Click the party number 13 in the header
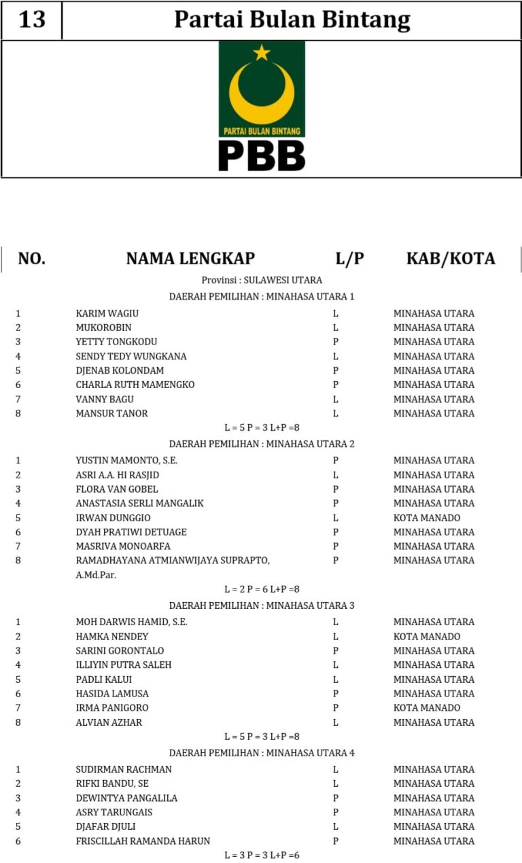tap(32, 20)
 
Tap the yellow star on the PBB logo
tap(262, 52)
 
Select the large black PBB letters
tap(262, 156)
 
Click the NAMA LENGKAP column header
tap(190, 258)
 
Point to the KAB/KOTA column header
tap(451, 258)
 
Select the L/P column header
tap(350, 258)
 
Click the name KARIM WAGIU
tap(107, 313)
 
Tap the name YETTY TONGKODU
tap(116, 342)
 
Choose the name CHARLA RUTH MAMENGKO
tap(135, 385)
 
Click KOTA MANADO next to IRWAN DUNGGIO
tap(427, 518)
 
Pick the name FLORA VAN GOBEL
tap(117, 489)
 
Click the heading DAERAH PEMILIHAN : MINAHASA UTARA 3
tap(262, 605)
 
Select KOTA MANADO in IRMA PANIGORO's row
tap(427, 707)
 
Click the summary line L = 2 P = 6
tap(262, 589)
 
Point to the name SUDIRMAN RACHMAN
tap(124, 769)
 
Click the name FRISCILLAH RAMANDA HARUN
tap(143, 841)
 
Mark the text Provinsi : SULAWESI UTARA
tap(262, 280)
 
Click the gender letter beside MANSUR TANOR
tap(336, 413)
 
